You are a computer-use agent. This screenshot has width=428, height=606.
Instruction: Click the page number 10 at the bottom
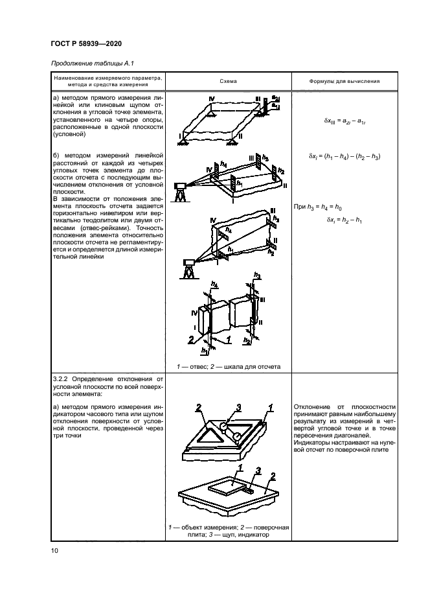[x=55, y=551]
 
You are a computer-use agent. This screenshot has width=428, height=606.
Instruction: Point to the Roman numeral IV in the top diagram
[x=210, y=98]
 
